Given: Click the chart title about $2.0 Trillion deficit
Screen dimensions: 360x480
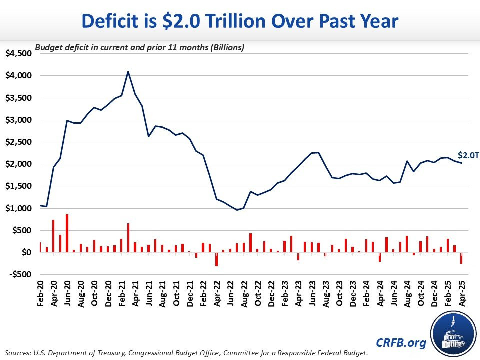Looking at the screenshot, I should pyautogui.click(x=240, y=22).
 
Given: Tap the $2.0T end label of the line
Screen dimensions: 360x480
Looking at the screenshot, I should pyautogui.click(x=468, y=155).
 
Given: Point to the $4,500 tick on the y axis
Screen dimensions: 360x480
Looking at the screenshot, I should pyautogui.click(x=17, y=54).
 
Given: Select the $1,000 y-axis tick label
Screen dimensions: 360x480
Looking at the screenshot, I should pyautogui.click(x=17, y=208).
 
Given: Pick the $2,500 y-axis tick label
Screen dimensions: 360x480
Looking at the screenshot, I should pyautogui.click(x=17, y=142).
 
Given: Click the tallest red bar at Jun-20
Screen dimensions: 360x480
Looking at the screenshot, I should pyautogui.click(x=67, y=233).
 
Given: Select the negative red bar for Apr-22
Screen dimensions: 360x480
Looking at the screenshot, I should pyautogui.click(x=216, y=259).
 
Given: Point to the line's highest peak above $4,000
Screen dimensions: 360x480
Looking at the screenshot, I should pyautogui.click(x=128, y=71).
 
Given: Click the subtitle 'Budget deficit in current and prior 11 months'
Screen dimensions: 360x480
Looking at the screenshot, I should pyautogui.click(x=139, y=48).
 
